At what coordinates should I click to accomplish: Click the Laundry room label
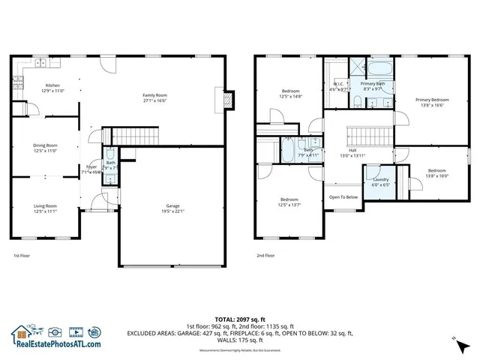(x=379, y=182)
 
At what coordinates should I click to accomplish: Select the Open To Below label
(x=343, y=197)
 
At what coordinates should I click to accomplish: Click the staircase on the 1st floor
(x=136, y=136)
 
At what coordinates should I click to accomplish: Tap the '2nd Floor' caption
(x=265, y=256)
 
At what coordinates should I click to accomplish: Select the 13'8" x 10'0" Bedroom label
(x=436, y=173)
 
